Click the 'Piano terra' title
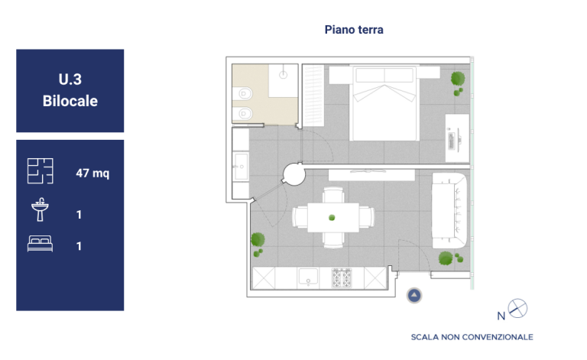click(354, 30)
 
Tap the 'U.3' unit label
click(70, 79)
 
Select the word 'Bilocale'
click(70, 101)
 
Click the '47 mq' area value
click(92, 174)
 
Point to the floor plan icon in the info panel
click(40, 171)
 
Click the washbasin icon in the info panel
click(40, 209)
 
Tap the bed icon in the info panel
click(40, 244)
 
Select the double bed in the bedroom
click(384, 103)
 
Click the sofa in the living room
click(449, 210)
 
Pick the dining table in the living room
click(333, 217)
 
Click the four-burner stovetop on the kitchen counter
click(342, 278)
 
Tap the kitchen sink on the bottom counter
click(308, 277)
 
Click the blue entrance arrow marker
click(414, 295)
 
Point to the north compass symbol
click(517, 308)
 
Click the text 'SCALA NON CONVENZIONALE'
click(472, 337)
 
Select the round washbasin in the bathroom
click(284, 75)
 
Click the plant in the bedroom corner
click(458, 83)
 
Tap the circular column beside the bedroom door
click(293, 174)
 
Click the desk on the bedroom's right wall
click(458, 138)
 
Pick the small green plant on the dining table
click(332, 217)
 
